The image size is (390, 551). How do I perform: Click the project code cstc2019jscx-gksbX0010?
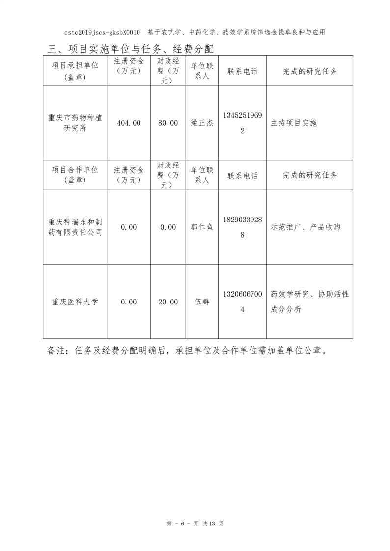[102, 32]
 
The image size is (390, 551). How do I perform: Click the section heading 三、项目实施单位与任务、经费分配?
[131, 49]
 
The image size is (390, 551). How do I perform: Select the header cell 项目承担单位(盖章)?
[75, 71]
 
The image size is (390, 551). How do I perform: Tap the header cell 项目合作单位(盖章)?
[75, 175]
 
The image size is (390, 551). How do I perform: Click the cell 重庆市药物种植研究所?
[75, 123]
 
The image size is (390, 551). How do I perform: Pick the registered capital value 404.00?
[129, 123]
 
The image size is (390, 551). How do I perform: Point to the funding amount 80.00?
[168, 123]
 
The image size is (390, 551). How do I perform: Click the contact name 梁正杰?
[202, 123]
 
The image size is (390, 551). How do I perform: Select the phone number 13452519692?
[242, 123]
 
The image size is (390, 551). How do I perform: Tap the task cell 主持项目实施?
[294, 123]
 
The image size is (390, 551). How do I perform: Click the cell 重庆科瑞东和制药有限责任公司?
[75, 227]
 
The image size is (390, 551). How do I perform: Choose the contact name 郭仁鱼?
[202, 227]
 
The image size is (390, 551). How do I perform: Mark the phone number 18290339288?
[242, 227]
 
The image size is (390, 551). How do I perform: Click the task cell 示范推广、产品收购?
[306, 227]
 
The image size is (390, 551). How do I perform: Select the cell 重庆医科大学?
[75, 302]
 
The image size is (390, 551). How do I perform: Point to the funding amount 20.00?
[168, 302]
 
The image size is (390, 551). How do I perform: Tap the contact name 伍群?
[202, 302]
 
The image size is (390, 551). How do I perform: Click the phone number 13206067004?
[242, 302]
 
